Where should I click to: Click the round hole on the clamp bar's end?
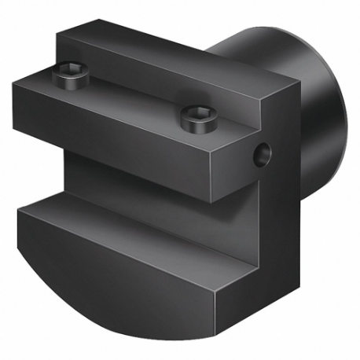[x=260, y=156]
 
